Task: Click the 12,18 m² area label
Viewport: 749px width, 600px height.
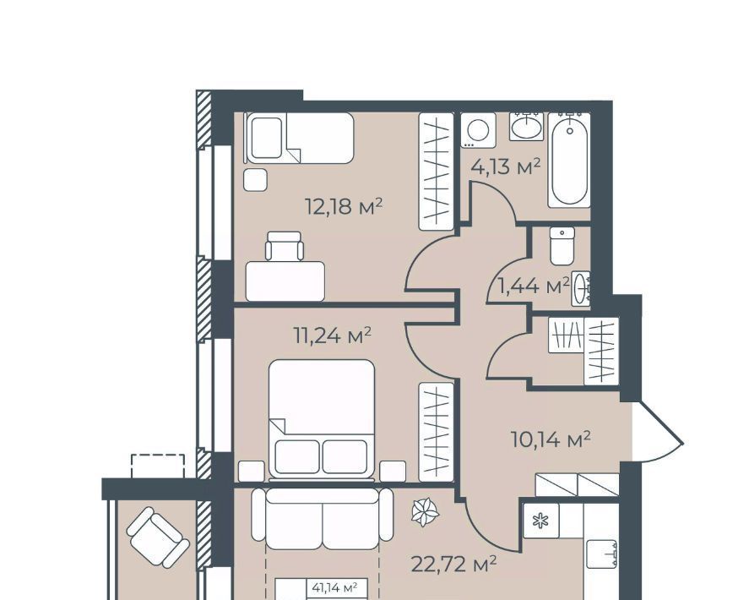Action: pyautogui.click(x=344, y=206)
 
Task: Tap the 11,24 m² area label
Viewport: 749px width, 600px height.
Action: pyautogui.click(x=333, y=335)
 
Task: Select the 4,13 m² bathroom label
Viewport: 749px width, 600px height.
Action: pyautogui.click(x=505, y=166)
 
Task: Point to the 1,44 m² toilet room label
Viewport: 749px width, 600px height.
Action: pyautogui.click(x=534, y=286)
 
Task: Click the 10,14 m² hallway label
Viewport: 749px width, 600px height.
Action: pyautogui.click(x=551, y=439)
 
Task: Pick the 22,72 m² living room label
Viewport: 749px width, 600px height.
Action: pyautogui.click(x=453, y=565)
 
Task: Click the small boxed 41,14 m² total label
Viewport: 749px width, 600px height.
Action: pyautogui.click(x=334, y=587)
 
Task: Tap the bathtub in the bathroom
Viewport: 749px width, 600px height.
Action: pyautogui.click(x=569, y=161)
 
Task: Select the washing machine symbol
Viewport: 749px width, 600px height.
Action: pyautogui.click(x=479, y=129)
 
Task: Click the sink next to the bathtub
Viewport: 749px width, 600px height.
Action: pyautogui.click(x=526, y=127)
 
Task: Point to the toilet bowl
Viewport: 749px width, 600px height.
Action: pyautogui.click(x=562, y=246)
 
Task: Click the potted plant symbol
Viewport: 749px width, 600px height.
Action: pyautogui.click(x=425, y=512)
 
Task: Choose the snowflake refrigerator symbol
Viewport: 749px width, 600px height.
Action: pyautogui.click(x=541, y=521)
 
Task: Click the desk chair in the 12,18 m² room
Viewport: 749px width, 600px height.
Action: pyautogui.click(x=285, y=246)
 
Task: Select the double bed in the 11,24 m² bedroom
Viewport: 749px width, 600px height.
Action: pyautogui.click(x=322, y=419)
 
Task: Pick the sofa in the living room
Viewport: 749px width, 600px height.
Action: pyautogui.click(x=323, y=519)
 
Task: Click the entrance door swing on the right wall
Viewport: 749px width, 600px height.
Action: pyautogui.click(x=659, y=433)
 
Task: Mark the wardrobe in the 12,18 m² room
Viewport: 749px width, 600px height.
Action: pyautogui.click(x=436, y=172)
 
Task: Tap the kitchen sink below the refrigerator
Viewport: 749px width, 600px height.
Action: pyautogui.click(x=601, y=554)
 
